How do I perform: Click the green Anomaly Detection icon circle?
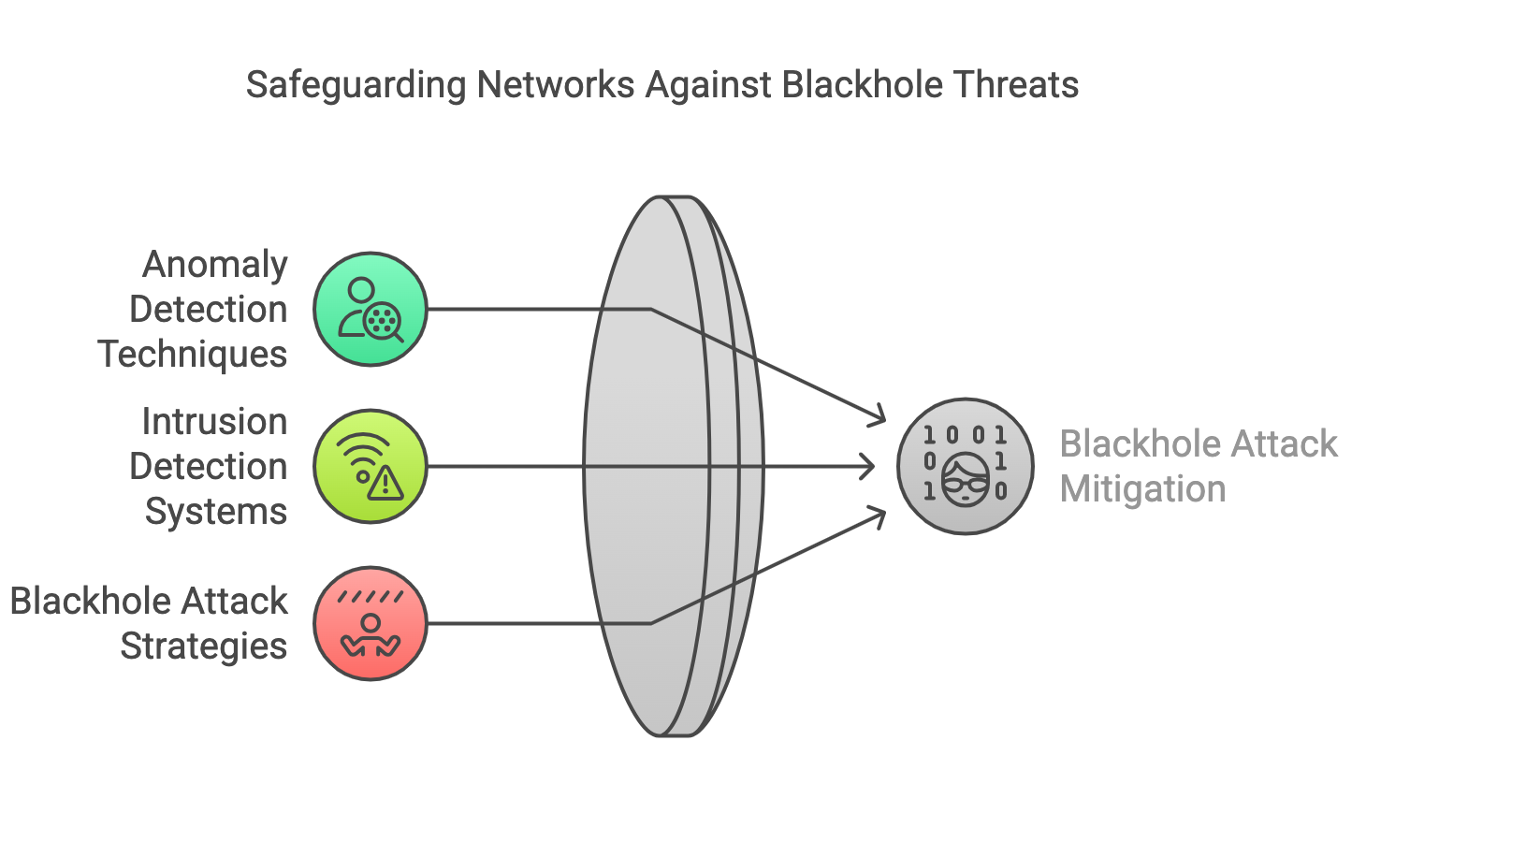371,309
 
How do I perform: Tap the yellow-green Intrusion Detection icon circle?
371,466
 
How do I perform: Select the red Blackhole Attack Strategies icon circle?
371,623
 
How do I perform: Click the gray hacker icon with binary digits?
965,466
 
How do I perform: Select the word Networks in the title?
556,85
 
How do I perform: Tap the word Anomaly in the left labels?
214,265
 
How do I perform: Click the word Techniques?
192,355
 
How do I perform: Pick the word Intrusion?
214,422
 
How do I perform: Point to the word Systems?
216,512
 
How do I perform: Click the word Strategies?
204,646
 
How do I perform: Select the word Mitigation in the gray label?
1142,489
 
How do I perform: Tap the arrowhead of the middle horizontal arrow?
869,466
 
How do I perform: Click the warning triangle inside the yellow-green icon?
385,484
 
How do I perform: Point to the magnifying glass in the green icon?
384,323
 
